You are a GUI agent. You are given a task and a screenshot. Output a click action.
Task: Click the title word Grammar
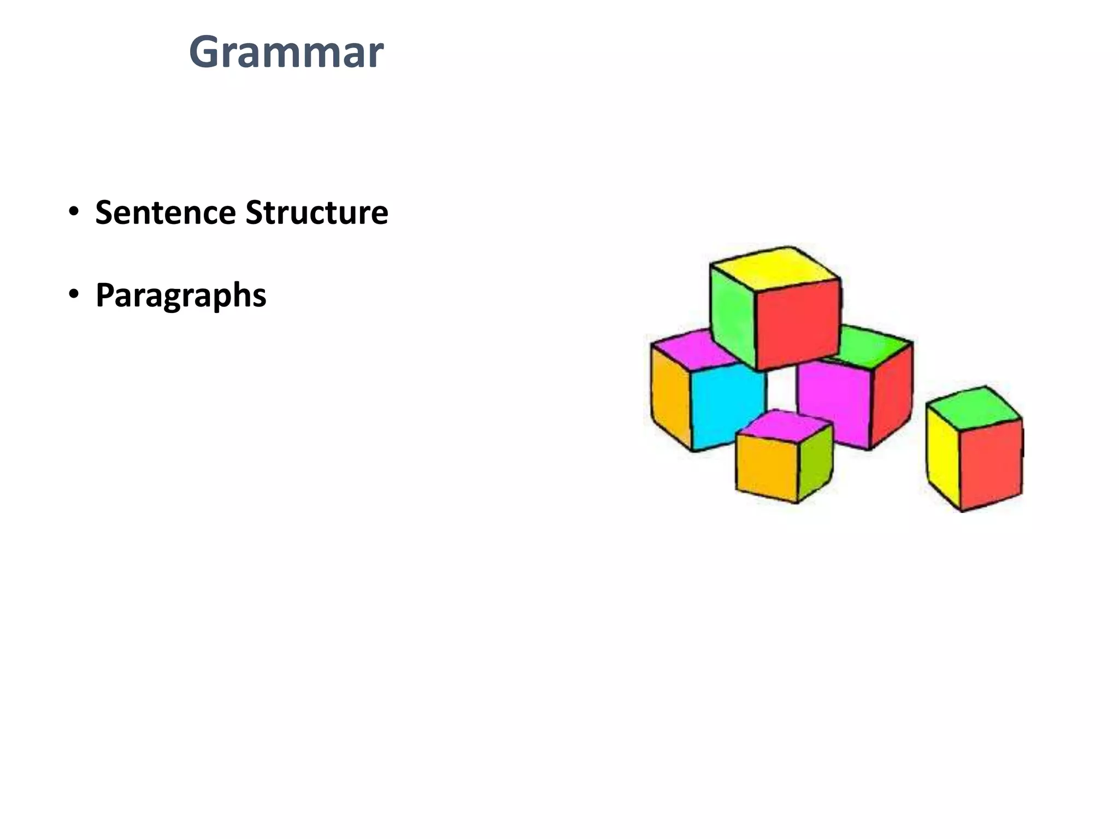(286, 52)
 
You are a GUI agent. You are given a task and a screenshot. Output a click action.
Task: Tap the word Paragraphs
(181, 296)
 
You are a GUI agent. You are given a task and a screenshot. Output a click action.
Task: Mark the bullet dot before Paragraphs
(74, 295)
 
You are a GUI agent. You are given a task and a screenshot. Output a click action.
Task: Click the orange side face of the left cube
(671, 396)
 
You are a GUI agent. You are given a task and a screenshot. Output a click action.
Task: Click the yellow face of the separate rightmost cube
(943, 456)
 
